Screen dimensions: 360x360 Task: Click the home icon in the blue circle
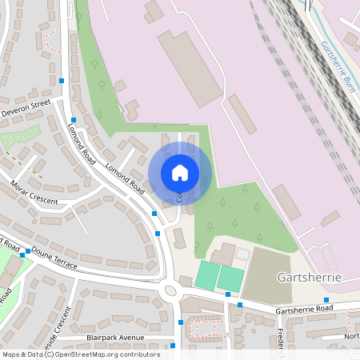pyautogui.click(x=180, y=172)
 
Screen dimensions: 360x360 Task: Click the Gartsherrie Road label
pyautogui.click(x=303, y=309)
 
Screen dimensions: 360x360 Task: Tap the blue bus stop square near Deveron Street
pyautogui.click(x=62, y=80)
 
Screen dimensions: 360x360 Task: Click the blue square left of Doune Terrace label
pyautogui.click(x=27, y=251)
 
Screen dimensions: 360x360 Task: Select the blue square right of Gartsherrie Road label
pyautogui.click(x=326, y=300)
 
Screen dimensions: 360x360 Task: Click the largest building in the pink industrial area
pyautogui.click(x=190, y=68)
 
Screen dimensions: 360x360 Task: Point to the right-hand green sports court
pyautogui.click(x=230, y=278)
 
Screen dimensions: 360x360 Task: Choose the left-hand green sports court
pyautogui.click(x=206, y=276)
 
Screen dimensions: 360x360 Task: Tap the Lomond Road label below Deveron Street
pyautogui.click(x=82, y=143)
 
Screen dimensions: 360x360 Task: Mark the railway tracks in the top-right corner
pyautogui.click(x=320, y=48)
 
